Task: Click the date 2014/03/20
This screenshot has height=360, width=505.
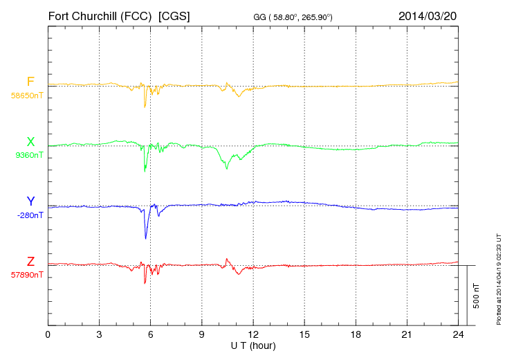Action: (427, 15)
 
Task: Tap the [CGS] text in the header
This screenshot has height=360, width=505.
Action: (174, 15)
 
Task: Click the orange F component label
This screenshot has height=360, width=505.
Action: (30, 82)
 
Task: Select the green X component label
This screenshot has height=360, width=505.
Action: (30, 142)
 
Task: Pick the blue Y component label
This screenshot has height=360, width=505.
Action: (30, 201)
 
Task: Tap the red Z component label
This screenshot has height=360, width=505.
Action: (30, 262)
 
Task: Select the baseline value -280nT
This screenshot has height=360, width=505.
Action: (30, 215)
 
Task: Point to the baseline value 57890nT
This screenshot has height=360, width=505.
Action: (27, 275)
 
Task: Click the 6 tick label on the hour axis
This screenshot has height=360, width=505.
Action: (150, 334)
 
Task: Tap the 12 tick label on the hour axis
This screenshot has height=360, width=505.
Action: (253, 334)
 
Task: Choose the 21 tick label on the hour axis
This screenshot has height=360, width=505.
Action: (407, 334)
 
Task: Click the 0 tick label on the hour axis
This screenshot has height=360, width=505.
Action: (48, 334)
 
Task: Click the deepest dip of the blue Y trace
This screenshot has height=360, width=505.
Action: (145, 239)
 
